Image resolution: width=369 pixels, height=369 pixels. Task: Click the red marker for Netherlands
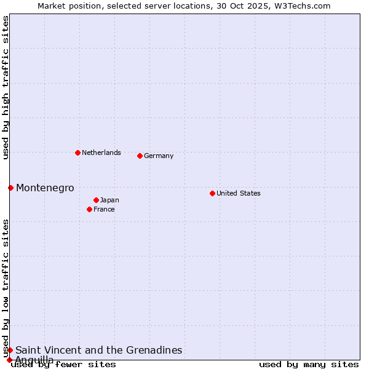coord(77,153)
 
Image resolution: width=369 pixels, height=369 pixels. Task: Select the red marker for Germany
coord(140,156)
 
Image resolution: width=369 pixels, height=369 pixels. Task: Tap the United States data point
coord(212,193)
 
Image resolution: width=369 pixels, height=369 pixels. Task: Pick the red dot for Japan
coord(96,200)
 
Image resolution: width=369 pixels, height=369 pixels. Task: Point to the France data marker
coord(89,209)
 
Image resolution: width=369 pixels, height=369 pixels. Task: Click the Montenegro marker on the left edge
coord(10,188)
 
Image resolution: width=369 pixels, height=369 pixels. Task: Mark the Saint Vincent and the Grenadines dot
coord(10,350)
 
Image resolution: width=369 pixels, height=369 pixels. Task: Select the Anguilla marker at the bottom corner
coord(9,360)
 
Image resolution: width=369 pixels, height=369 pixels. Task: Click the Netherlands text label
coord(101,153)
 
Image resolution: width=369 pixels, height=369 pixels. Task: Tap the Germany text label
coord(159,156)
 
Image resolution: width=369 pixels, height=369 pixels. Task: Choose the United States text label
coord(239,193)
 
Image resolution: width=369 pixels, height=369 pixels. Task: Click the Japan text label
coord(109,200)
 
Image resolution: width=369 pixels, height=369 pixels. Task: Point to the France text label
coord(104,209)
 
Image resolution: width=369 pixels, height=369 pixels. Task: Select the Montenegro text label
coord(45,188)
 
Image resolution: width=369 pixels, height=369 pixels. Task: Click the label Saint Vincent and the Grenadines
coord(99,350)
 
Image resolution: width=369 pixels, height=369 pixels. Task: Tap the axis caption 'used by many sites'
coord(309,365)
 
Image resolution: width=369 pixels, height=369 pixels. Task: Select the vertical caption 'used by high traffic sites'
coord(6,87)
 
